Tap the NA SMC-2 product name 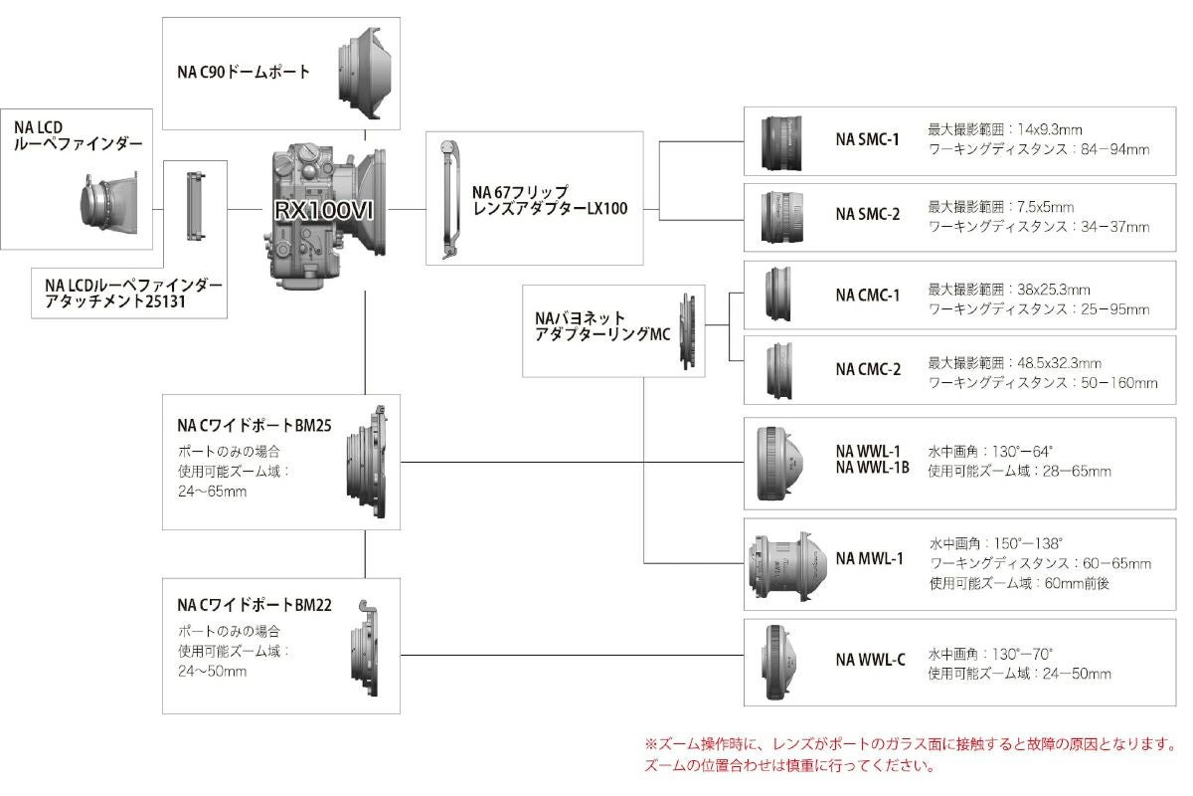point(867,214)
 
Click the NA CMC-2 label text point(867,369)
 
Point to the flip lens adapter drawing point(451,199)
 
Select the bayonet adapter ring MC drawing point(688,330)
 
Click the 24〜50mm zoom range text point(213,671)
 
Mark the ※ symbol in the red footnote point(652,744)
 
